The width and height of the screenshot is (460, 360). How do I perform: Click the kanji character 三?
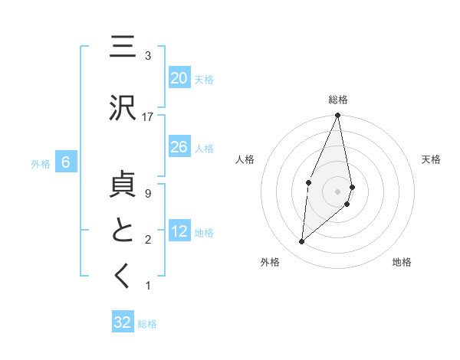(123, 48)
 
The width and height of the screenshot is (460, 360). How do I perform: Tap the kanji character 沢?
(123, 109)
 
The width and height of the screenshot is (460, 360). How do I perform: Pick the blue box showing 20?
(179, 78)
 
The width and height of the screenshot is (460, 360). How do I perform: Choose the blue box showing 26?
(179, 147)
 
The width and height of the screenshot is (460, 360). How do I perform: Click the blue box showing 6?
(66, 162)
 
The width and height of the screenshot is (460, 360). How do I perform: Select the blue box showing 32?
(123, 322)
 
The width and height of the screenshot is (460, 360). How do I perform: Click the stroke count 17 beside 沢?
(148, 116)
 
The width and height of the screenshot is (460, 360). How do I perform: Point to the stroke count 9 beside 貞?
(148, 193)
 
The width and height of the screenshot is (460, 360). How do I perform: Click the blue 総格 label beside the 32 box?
(147, 323)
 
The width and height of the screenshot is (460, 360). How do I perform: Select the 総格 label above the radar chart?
(337, 100)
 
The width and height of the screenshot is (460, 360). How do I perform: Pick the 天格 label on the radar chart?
(431, 159)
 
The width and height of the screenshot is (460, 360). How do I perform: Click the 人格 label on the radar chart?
(245, 159)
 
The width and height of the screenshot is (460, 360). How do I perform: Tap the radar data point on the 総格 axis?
(337, 116)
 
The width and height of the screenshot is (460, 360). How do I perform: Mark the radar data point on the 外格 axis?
(302, 241)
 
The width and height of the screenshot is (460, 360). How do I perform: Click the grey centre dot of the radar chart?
(337, 191)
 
